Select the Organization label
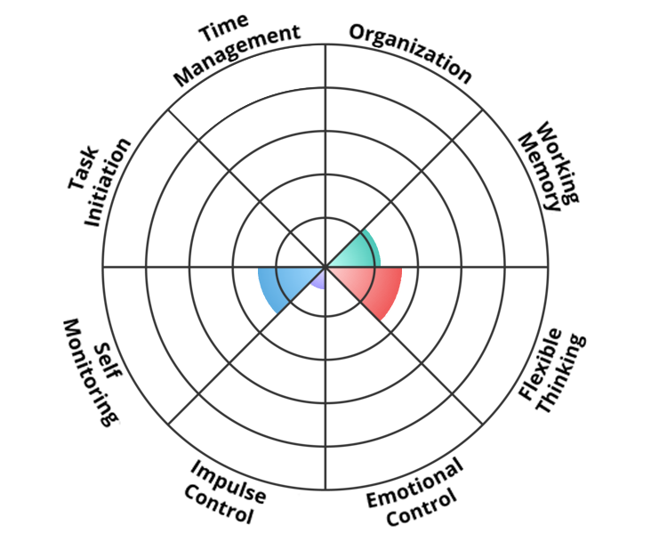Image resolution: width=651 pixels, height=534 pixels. (x=410, y=53)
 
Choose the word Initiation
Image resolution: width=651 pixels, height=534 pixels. (x=108, y=182)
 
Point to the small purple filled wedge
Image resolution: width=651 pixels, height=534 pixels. (x=317, y=279)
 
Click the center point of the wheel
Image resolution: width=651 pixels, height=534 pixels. (x=325, y=267)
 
